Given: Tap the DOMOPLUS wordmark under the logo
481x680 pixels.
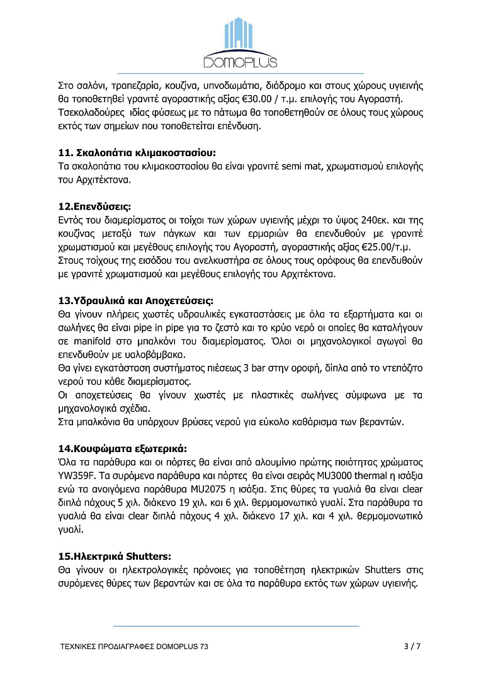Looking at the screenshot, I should coord(240,61).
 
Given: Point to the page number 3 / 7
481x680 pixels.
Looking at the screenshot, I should coord(411,646).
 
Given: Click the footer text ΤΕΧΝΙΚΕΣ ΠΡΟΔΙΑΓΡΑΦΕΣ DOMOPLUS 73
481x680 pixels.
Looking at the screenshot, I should coord(134,647).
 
